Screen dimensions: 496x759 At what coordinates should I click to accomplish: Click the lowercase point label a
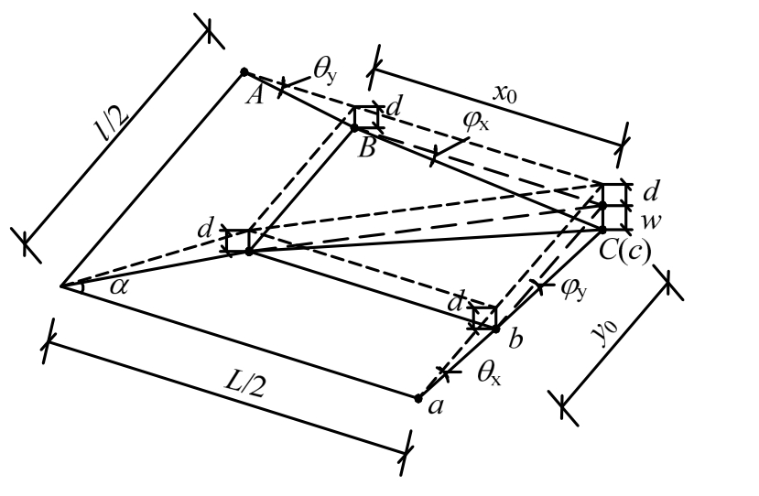click(x=436, y=405)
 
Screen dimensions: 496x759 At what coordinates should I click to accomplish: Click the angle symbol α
click(x=118, y=286)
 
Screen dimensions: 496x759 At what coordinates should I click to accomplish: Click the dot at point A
click(x=244, y=71)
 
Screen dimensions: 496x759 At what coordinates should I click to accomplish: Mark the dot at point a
click(x=417, y=398)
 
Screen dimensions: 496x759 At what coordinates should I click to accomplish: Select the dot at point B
click(x=354, y=126)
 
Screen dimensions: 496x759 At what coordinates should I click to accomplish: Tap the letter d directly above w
click(x=651, y=192)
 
